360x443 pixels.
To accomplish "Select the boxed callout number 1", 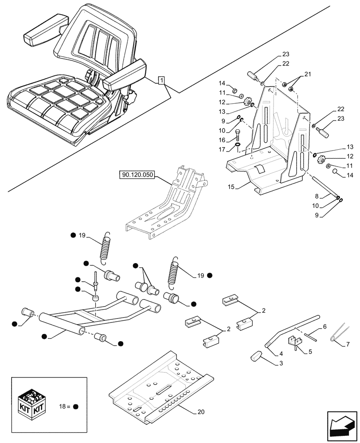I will click(162, 80).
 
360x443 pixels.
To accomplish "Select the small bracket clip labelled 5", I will click(297, 342).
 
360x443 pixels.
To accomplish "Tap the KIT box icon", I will click(31, 402).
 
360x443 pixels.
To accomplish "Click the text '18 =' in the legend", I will click(64, 406).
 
